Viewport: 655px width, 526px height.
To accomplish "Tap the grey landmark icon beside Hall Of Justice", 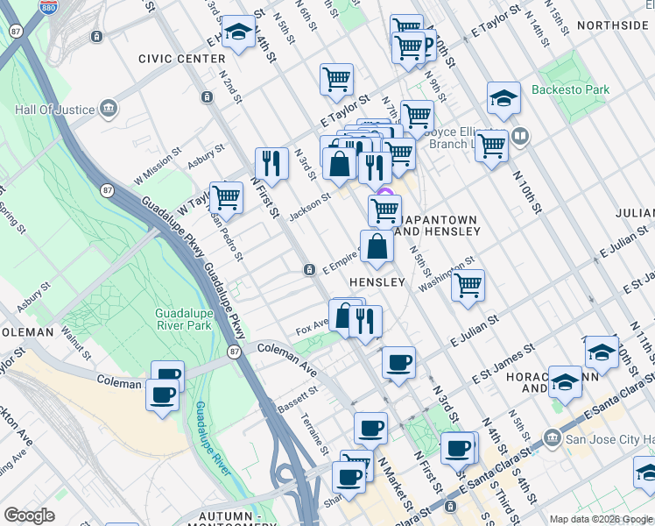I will (109, 109).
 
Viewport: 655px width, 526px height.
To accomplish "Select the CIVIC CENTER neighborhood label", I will (181, 59).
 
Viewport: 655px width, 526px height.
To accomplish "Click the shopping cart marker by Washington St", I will (468, 284).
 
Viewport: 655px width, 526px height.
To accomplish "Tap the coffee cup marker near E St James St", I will (398, 362).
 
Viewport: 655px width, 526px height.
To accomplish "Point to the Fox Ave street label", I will (312, 325).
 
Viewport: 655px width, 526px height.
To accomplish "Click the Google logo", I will (30, 515).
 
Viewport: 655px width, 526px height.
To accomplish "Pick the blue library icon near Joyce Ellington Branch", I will (520, 136).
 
